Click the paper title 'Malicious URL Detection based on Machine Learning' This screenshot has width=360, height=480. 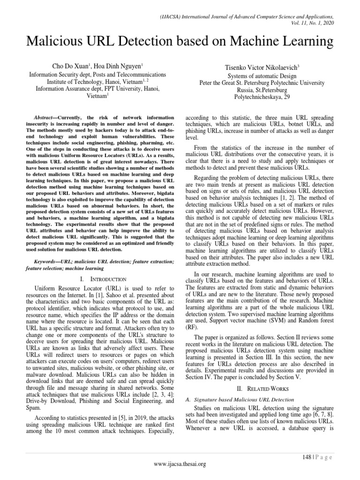[x=180, y=42]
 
